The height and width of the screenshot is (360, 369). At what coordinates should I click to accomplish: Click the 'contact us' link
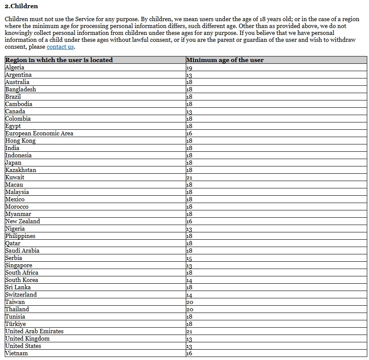(x=60, y=47)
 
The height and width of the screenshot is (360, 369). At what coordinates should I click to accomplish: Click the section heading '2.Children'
(x=21, y=6)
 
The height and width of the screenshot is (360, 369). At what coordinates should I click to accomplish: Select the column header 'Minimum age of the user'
(x=225, y=60)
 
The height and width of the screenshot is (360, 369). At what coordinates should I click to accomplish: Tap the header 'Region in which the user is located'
(x=59, y=60)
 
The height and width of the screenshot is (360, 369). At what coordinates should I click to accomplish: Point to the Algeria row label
(x=15, y=67)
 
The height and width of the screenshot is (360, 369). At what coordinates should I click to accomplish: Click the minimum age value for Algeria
(x=189, y=68)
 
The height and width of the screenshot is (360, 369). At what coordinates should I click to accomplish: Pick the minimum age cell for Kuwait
(x=189, y=178)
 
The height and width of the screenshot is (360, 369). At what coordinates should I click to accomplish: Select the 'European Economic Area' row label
(x=39, y=133)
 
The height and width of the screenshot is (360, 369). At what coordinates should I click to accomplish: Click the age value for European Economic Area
(x=189, y=134)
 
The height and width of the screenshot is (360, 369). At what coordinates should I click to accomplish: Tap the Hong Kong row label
(x=20, y=141)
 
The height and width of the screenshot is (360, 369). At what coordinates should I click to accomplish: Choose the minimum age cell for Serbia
(x=189, y=258)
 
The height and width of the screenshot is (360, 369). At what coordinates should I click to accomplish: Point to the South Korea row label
(x=22, y=280)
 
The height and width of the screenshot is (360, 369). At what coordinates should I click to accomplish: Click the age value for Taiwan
(x=190, y=302)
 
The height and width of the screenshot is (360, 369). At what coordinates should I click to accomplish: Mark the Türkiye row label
(x=16, y=324)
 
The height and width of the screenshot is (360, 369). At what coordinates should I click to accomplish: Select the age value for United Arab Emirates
(x=189, y=332)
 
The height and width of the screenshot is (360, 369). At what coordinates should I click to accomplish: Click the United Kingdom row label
(x=27, y=338)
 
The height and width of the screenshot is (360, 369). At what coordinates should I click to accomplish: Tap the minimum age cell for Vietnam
(x=189, y=354)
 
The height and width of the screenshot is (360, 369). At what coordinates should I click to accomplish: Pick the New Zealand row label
(x=22, y=221)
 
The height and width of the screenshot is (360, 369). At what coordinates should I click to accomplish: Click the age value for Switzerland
(x=189, y=295)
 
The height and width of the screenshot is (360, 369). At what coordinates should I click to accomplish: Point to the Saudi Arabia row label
(x=22, y=250)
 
